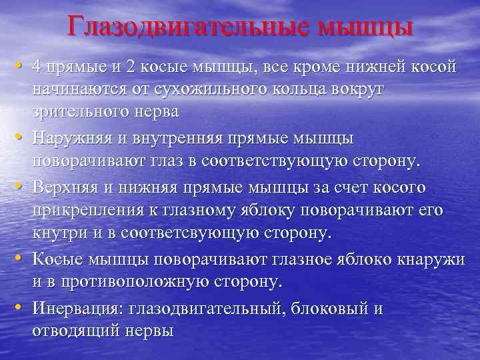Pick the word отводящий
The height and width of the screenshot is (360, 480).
point(77,331)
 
